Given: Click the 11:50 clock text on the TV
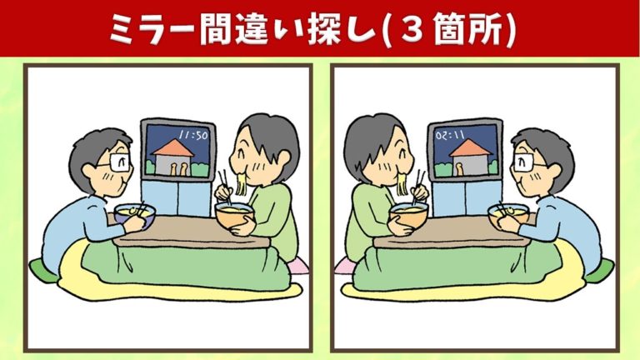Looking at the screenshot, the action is pyautogui.click(x=193, y=135).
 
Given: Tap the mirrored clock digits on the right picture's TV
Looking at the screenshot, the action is pyautogui.click(x=450, y=135).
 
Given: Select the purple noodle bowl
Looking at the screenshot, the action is pyautogui.click(x=135, y=215).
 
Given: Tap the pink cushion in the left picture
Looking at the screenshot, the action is pyautogui.click(x=297, y=267).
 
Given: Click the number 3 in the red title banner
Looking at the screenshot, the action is pyautogui.click(x=411, y=30).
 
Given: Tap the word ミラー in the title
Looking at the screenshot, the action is pyautogui.click(x=153, y=30).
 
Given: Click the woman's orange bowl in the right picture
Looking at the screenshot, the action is pyautogui.click(x=408, y=217).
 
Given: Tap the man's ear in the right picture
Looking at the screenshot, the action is pyautogui.click(x=556, y=171).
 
